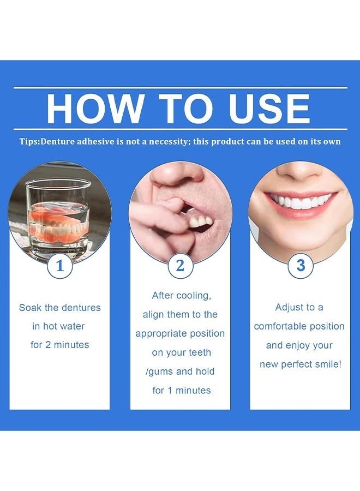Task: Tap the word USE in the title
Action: (269, 109)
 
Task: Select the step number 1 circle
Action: (60, 266)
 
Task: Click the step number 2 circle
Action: (181, 266)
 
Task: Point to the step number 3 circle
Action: (301, 266)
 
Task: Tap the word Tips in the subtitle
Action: (29, 141)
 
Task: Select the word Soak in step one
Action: (30, 308)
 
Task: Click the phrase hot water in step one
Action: (64, 326)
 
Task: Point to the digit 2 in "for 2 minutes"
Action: (48, 345)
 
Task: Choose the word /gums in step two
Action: (159, 372)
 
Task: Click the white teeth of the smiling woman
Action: (300, 201)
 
